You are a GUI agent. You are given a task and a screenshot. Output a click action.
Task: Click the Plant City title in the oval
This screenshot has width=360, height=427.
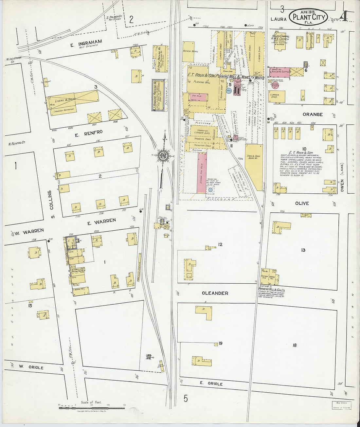point(309,17)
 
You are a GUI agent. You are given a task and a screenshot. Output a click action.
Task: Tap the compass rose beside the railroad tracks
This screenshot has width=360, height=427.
point(163,155)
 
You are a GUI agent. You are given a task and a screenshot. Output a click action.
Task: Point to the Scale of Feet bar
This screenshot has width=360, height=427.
point(92,408)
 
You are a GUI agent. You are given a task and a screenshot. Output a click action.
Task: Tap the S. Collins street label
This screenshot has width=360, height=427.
point(51,205)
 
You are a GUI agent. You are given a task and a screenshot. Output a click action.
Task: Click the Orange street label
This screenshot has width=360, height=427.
point(312,115)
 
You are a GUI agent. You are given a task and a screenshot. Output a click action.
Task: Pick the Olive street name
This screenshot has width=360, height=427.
point(302,203)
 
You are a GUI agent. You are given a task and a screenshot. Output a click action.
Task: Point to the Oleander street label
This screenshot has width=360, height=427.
point(215,293)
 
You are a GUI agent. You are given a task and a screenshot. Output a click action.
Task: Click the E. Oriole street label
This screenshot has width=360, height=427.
point(211,383)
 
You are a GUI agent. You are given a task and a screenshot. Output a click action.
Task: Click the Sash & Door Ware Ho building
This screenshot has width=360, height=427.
point(254,166)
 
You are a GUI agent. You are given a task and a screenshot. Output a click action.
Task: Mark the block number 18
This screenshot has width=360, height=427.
point(295,345)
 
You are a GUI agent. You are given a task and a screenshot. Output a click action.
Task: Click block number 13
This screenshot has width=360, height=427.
point(303,250)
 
